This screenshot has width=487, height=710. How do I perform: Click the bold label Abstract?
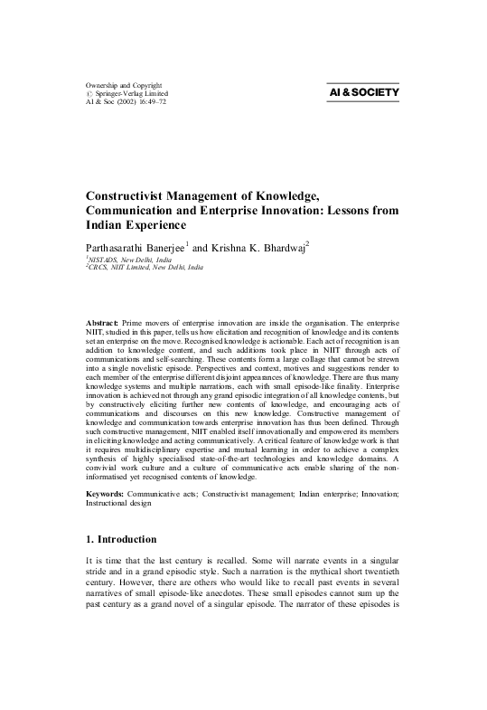(x=108, y=322)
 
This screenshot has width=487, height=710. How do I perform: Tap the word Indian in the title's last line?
(x=108, y=224)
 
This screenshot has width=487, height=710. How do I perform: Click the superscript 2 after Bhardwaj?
(x=308, y=242)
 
